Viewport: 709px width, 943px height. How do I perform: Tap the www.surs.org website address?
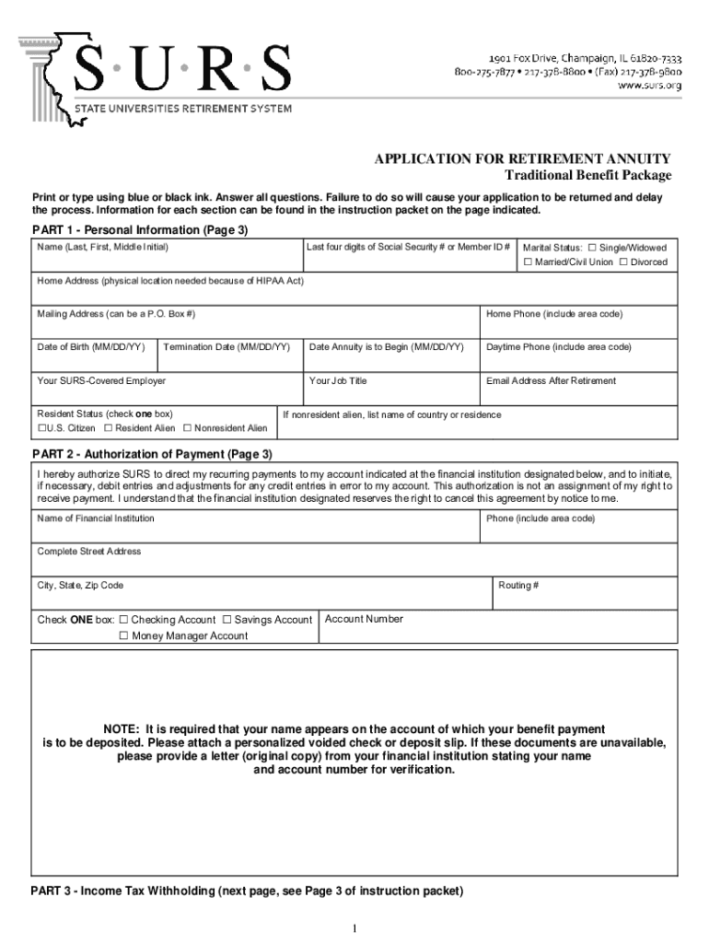pyautogui.click(x=649, y=86)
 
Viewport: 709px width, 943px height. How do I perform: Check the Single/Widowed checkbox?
pyautogui.click(x=592, y=248)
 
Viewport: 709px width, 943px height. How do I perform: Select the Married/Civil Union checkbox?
pyautogui.click(x=528, y=262)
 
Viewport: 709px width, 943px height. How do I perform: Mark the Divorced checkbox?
pyautogui.click(x=623, y=262)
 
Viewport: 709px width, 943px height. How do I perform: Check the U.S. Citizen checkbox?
pyautogui.click(x=41, y=428)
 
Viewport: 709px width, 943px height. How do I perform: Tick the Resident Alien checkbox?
pyautogui.click(x=108, y=428)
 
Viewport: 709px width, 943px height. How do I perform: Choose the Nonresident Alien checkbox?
pyautogui.click(x=187, y=428)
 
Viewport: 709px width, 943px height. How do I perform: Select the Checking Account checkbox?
pyautogui.click(x=123, y=620)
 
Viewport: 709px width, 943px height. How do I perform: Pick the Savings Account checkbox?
pyautogui.click(x=227, y=620)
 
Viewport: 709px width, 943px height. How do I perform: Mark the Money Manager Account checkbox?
pyautogui.click(x=123, y=635)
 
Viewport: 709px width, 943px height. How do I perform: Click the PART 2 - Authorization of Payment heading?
pyautogui.click(x=152, y=454)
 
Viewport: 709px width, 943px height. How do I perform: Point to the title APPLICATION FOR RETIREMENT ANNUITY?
pyautogui.click(x=522, y=158)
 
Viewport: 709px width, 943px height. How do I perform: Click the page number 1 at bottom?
pyautogui.click(x=354, y=927)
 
